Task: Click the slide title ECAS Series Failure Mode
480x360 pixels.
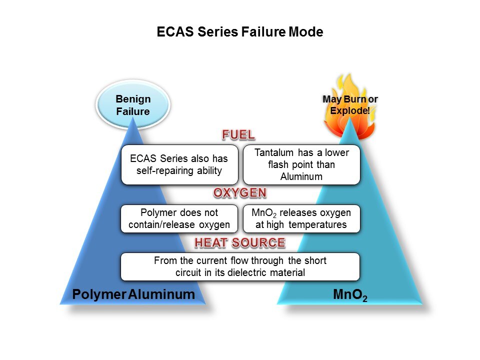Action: coord(239,32)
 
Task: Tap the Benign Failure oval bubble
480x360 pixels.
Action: coord(133,105)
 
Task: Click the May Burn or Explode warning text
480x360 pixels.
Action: coord(349,104)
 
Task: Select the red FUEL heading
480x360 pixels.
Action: coord(238,135)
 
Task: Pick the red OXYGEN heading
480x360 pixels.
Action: coord(239,193)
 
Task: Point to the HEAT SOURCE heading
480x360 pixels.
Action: coord(240,243)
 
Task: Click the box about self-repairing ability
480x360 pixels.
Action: coord(179,164)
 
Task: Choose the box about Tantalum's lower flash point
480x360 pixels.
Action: coord(301,164)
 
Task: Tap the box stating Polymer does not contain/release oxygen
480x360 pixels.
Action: coord(179,218)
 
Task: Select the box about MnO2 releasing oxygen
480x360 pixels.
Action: coord(301,218)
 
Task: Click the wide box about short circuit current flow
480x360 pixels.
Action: coord(240,266)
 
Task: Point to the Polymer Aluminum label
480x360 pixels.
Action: coord(133,294)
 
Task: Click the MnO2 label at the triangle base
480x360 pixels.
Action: coord(350,295)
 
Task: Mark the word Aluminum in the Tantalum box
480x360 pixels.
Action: coord(301,176)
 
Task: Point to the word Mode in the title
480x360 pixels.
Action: coord(306,32)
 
